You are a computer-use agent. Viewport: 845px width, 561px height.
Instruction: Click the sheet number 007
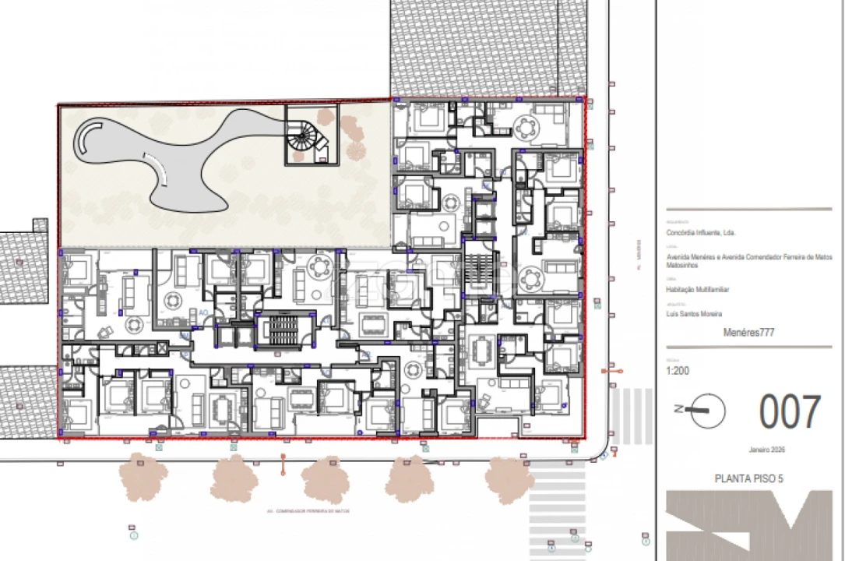790,413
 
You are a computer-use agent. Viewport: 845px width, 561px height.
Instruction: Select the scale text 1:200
677,372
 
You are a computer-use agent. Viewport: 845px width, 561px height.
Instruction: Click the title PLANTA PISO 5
748,478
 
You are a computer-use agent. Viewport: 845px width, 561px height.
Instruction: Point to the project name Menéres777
748,332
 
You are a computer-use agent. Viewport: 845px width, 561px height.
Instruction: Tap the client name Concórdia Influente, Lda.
701,233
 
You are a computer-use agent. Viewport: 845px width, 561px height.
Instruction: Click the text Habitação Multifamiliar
698,289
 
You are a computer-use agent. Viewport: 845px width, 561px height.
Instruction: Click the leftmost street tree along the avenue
143,476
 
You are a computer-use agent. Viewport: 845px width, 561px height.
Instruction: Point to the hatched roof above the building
488,47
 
